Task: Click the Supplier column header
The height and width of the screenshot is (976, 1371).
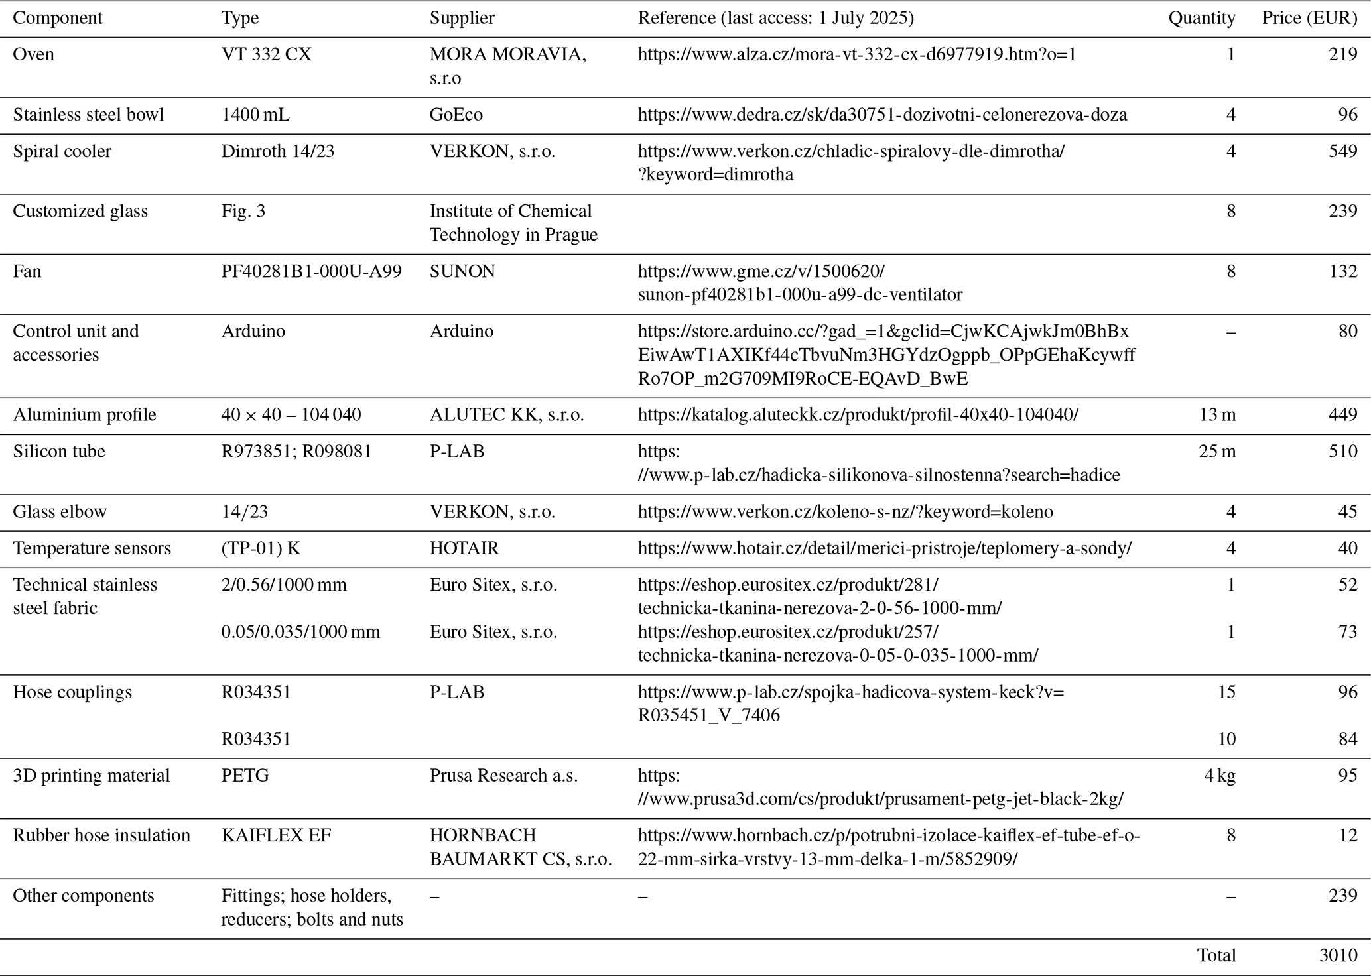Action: tap(462, 18)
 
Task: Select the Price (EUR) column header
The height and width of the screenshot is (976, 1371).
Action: tap(1309, 18)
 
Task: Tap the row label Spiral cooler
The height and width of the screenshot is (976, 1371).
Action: tap(62, 151)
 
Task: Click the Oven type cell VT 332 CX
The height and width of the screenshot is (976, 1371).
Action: tap(266, 54)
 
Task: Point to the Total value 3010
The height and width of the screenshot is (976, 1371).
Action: tap(1338, 955)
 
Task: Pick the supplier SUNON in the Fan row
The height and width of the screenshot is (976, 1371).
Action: tap(462, 271)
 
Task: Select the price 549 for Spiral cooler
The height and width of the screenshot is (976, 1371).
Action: tap(1342, 151)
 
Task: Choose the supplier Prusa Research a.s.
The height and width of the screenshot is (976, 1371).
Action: tap(503, 776)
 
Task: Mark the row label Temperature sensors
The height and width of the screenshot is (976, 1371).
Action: tap(92, 548)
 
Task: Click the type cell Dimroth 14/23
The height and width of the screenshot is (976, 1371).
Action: tap(278, 151)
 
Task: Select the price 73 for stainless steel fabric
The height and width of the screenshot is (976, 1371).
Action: tap(1348, 632)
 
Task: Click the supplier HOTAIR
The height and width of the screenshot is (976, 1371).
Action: tap(464, 548)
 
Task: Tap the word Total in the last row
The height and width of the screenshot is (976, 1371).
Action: tap(1216, 955)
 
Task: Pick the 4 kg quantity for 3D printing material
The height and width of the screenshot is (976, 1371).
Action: tap(1220, 776)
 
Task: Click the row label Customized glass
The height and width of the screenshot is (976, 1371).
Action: tap(80, 211)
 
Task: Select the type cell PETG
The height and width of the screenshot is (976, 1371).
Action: tap(245, 776)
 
